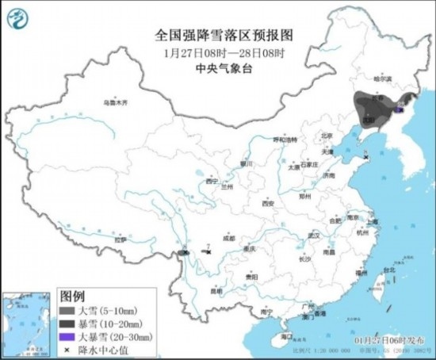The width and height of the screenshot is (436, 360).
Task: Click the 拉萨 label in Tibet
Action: (120, 239)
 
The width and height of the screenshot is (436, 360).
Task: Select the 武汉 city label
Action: (313, 236)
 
